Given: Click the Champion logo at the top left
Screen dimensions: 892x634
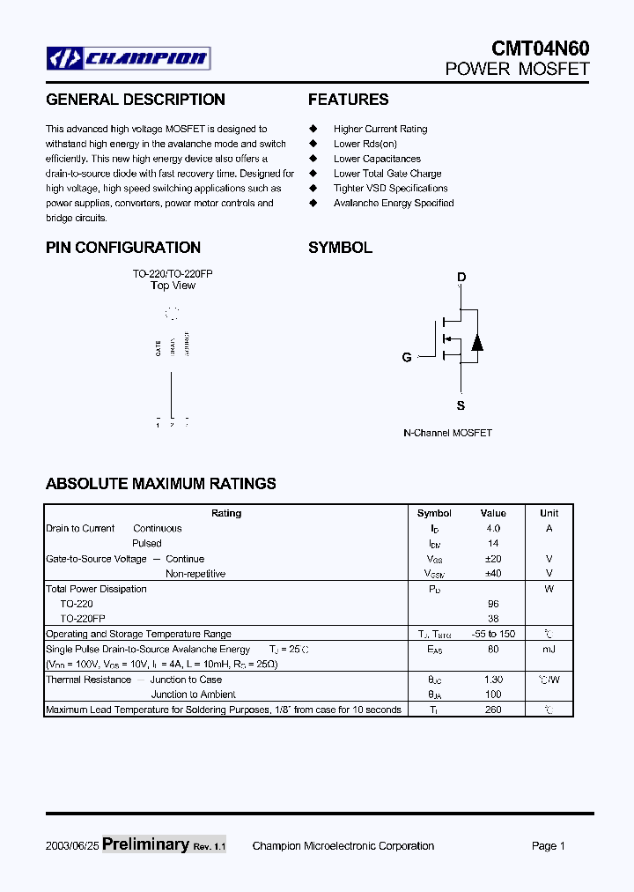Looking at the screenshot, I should (x=129, y=59).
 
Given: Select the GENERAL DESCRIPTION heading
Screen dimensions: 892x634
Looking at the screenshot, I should (x=136, y=100).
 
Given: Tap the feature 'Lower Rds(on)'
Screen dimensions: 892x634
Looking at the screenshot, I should (x=365, y=144).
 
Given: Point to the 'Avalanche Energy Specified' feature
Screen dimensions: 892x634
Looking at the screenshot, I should (x=393, y=203).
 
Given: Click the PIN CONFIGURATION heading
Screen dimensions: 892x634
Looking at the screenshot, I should (x=123, y=248).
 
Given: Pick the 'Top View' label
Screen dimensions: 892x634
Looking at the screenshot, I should (x=173, y=286).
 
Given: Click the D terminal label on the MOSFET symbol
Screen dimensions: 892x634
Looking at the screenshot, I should (x=461, y=278).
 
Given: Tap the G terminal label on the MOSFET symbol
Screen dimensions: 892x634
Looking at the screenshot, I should (x=407, y=357).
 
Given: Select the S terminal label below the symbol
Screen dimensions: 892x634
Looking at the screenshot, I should (x=461, y=405).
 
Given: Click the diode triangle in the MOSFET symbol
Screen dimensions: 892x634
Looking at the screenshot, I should (x=477, y=342).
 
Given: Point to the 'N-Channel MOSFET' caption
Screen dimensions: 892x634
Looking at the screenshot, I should (x=447, y=433).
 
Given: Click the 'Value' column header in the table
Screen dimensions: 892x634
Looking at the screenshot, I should (x=493, y=513).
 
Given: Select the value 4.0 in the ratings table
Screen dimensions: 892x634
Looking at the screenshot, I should (x=493, y=528).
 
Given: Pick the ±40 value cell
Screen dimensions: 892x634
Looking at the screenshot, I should (x=493, y=574).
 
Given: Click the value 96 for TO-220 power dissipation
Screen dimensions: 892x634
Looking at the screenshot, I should (x=493, y=604).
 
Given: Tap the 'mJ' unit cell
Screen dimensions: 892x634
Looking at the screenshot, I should (x=549, y=650).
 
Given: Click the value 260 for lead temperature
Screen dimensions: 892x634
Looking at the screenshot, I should (x=493, y=710).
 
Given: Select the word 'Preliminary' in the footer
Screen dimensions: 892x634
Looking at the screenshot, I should (x=145, y=844).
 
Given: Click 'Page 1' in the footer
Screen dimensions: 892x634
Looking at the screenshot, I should (x=548, y=846).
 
